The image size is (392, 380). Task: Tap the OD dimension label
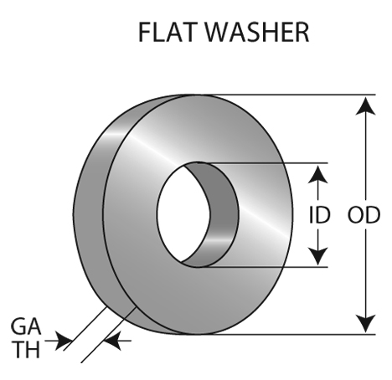coord(364,215)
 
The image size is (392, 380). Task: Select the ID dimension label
coord(320,215)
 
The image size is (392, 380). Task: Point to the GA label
coord(26,326)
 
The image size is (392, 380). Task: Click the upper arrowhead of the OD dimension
coord(365,105)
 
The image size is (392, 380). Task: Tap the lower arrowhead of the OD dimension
coord(365,324)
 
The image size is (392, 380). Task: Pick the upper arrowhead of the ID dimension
coord(317,174)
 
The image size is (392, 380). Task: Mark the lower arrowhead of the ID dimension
coord(317,256)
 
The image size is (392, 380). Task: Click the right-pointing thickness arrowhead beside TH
coord(64,341)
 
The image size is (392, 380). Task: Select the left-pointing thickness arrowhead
coord(112,341)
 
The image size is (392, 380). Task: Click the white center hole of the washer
coord(183,214)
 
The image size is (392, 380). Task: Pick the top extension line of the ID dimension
coord(262,162)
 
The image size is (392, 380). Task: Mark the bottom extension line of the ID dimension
coord(262,267)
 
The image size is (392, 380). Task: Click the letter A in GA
coord(34,326)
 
